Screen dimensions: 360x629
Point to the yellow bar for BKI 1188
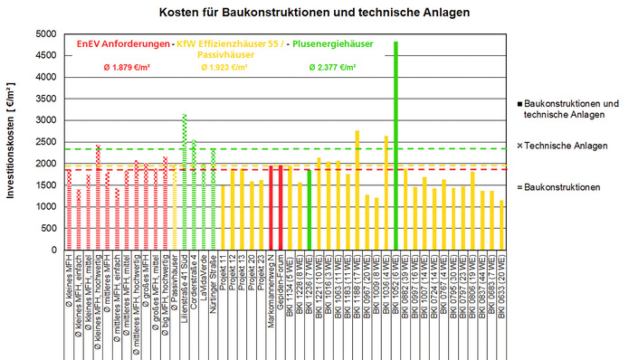pos(357,190)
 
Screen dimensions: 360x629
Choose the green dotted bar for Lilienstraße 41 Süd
pos(185,181)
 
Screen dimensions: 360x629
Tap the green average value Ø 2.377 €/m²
pos(332,68)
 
